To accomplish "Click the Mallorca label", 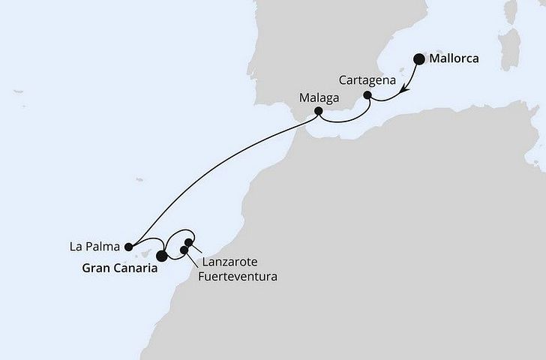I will (454, 58).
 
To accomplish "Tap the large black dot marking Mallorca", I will (418, 59).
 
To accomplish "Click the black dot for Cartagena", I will (367, 95).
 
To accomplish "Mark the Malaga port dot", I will (318, 112).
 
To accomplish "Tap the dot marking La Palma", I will (129, 245).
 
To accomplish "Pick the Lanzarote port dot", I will (189, 242).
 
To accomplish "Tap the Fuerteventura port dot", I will (184, 249).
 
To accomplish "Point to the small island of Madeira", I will (139, 179).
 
